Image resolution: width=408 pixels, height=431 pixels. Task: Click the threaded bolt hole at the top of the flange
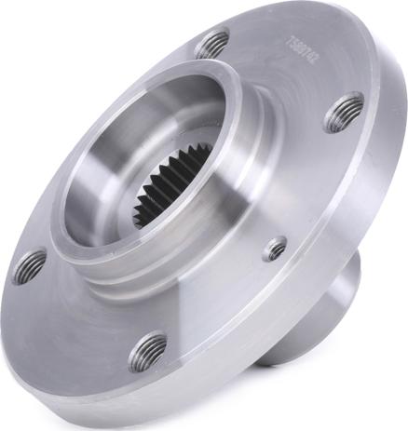point(213,44)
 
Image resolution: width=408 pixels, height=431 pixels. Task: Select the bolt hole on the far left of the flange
point(29,266)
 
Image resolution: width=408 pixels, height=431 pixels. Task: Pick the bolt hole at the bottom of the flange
point(148,351)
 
